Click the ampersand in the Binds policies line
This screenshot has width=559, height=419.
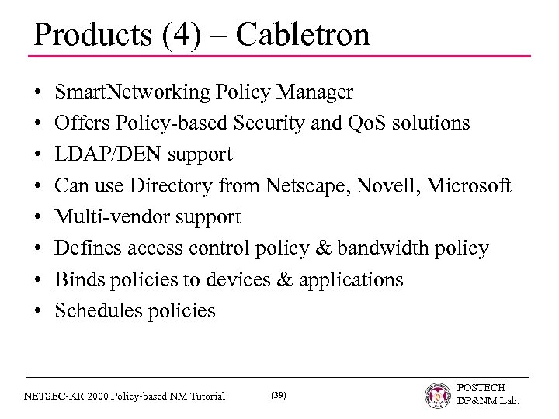coord(281,279)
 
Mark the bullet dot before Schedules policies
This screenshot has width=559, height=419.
coord(37,311)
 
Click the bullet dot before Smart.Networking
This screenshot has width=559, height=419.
coord(37,94)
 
